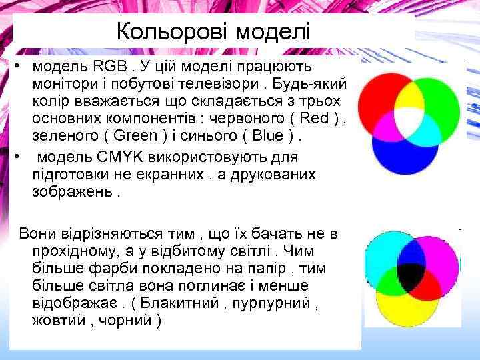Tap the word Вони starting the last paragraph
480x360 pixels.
pos(40,234)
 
